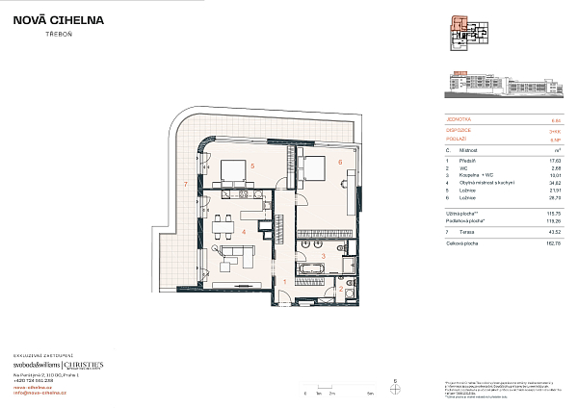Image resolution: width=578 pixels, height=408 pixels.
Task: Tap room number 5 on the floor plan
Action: [251, 166]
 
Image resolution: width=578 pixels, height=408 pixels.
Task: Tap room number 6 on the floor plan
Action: [341, 163]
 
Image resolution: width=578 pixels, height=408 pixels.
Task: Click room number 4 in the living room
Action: [245, 232]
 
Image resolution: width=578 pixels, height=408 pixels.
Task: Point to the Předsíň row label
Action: [472, 159]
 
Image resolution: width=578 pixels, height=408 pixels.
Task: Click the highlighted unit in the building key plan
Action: [460, 25]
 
